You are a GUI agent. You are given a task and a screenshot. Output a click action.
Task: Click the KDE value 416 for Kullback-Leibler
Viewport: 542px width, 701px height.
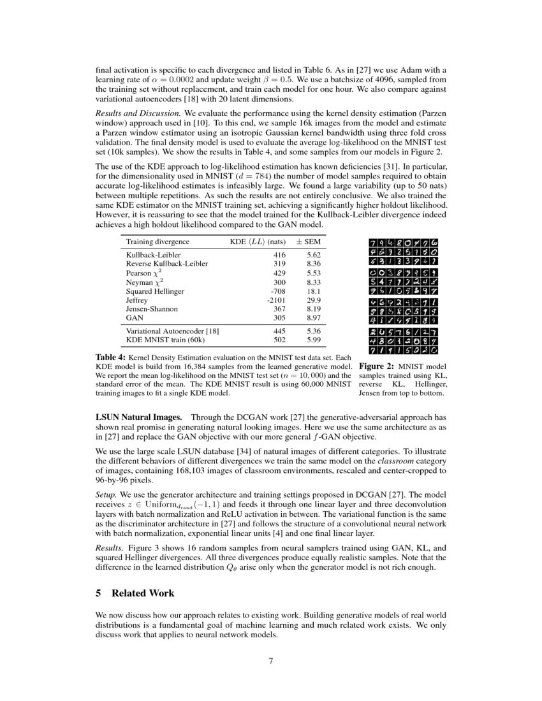(279, 254)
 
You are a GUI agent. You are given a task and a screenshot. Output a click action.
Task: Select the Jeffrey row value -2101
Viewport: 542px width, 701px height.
(276, 300)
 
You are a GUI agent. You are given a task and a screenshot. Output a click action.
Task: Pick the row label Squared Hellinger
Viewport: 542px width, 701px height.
(155, 291)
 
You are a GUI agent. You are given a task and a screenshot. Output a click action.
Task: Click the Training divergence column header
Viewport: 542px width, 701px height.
(157, 242)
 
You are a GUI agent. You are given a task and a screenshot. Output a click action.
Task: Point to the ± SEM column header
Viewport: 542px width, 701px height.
(309, 242)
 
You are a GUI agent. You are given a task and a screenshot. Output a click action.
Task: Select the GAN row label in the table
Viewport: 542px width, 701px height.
(134, 317)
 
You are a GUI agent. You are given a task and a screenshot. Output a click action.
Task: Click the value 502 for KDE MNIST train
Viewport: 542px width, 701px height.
(279, 340)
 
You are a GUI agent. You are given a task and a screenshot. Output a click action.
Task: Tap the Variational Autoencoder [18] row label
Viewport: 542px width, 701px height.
(172, 331)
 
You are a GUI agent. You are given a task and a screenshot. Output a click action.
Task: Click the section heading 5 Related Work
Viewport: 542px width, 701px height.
(135, 593)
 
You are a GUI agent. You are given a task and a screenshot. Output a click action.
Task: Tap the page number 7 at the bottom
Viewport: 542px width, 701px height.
(271, 660)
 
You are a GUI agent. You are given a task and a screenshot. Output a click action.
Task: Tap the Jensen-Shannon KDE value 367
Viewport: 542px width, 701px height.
(279, 308)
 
